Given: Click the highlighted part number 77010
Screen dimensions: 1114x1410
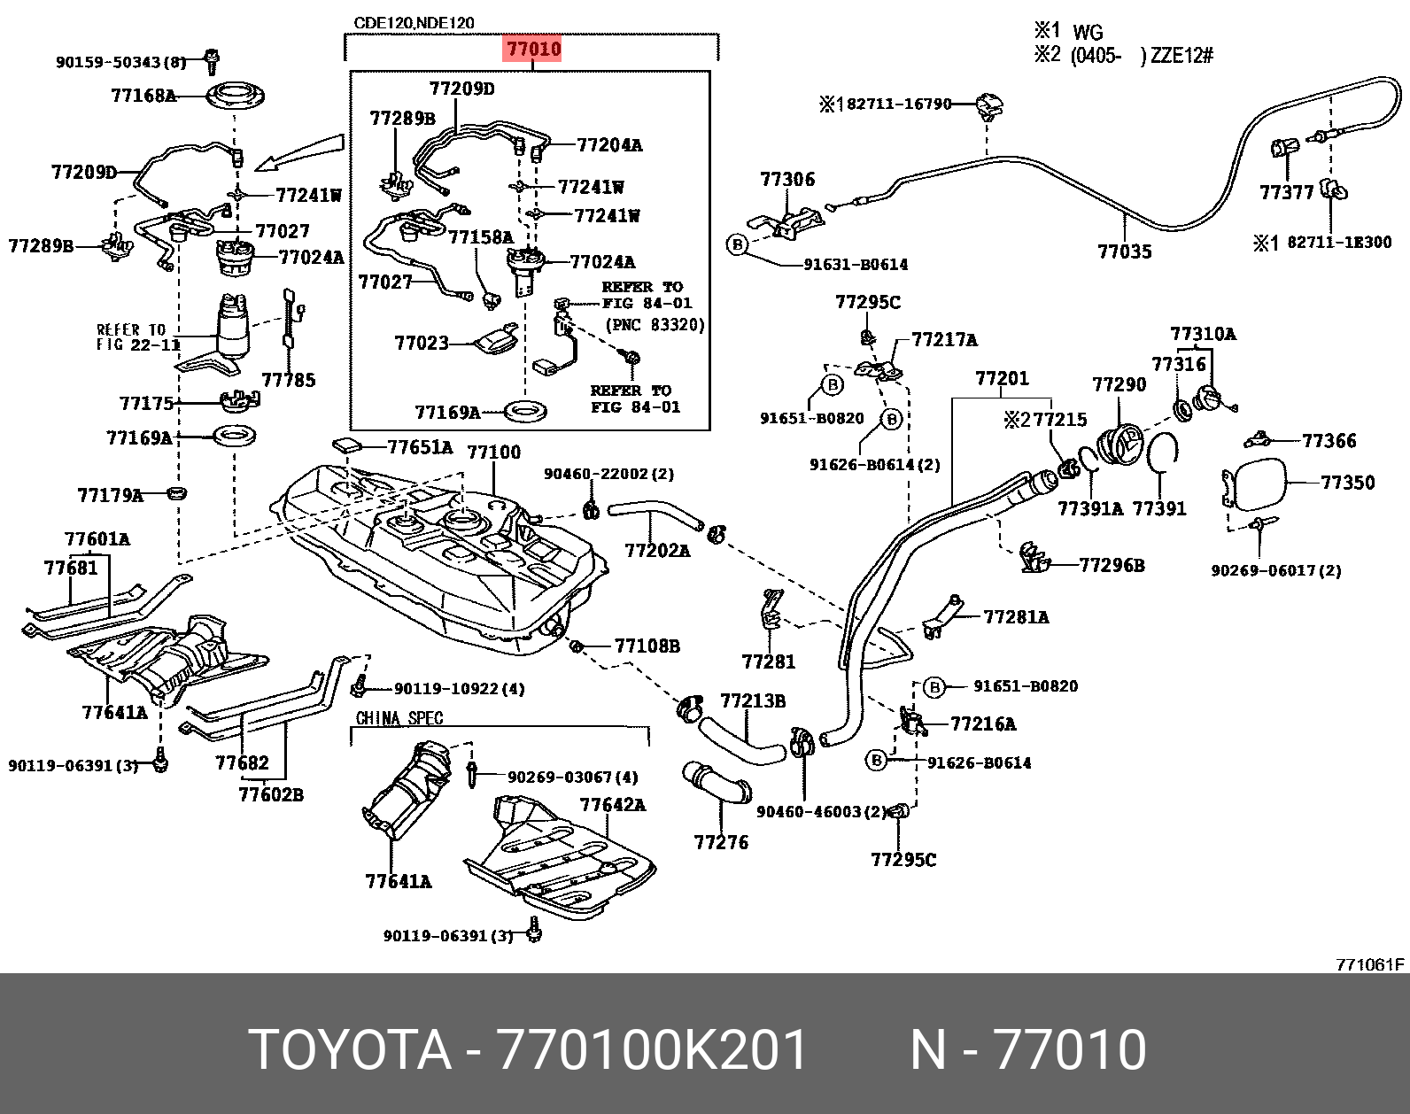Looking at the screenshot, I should (x=532, y=48).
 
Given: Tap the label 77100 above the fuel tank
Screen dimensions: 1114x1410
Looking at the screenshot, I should (x=493, y=453).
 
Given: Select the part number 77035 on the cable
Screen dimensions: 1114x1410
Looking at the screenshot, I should (x=1124, y=251).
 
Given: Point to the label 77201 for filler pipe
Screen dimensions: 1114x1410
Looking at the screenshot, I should (x=1002, y=379).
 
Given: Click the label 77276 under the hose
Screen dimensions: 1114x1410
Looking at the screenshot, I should (x=721, y=842).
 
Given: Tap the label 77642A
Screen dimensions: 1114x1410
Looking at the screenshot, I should (x=612, y=805).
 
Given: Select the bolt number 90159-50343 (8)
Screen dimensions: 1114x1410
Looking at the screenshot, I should (x=120, y=62).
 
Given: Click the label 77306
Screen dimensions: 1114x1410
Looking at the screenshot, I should (x=786, y=180).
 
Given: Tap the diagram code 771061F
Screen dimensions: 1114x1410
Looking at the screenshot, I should (x=1370, y=964).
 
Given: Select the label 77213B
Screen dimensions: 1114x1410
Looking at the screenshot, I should (x=752, y=701).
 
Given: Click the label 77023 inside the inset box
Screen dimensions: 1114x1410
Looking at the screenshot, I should (x=422, y=343).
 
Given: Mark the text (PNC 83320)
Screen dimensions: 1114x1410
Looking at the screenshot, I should (x=655, y=325).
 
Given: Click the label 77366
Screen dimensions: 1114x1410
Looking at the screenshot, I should (x=1329, y=440).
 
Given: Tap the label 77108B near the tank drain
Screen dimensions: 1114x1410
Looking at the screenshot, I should (x=647, y=646).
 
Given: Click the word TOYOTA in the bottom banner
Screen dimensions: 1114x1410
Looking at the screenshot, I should (x=350, y=1050).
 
